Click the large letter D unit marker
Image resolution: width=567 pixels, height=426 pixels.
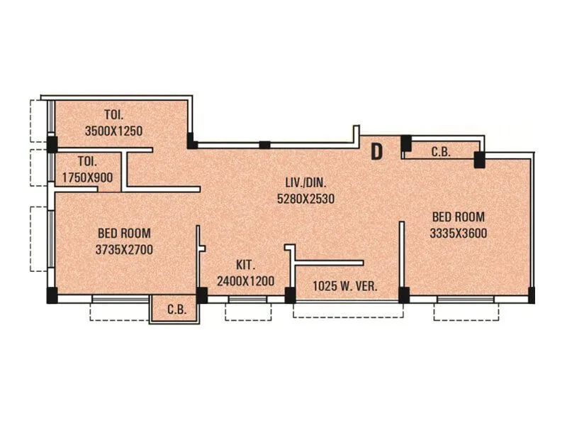[x=377, y=151]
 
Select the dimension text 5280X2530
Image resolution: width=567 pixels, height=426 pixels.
[x=305, y=200]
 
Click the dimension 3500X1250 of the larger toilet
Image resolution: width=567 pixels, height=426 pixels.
[x=113, y=131]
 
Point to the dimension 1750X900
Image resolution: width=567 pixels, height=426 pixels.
[x=87, y=178]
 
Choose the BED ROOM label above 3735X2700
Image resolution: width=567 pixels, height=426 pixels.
[x=124, y=233]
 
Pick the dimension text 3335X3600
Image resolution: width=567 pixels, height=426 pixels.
[x=458, y=233]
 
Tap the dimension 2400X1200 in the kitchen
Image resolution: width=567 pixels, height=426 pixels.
[x=245, y=280]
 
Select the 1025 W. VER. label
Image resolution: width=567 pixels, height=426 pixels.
[x=344, y=287]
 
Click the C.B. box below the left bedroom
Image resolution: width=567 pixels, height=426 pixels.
[x=176, y=310]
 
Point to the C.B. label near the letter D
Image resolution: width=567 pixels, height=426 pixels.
[x=441, y=151]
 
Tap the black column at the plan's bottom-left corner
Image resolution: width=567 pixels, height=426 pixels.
[x=52, y=294]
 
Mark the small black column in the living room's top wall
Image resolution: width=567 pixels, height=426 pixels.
[x=264, y=145]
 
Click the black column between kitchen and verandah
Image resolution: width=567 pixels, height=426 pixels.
[x=290, y=294]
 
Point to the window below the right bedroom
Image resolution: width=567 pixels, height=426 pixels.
[x=465, y=300]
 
